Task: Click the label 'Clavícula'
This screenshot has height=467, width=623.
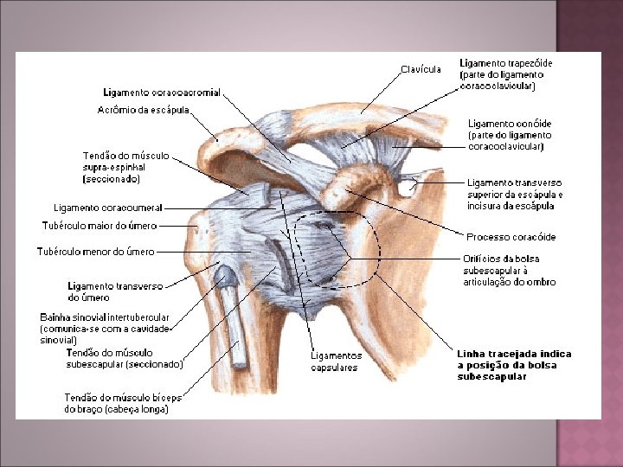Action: pyautogui.click(x=421, y=68)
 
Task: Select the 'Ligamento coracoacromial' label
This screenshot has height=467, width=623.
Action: pyautogui.click(x=162, y=92)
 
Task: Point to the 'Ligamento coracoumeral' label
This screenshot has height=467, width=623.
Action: pyautogui.click(x=108, y=208)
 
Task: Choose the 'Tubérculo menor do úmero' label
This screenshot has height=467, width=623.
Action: pyautogui.click(x=95, y=252)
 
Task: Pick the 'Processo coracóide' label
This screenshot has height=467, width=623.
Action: pyautogui.click(x=511, y=237)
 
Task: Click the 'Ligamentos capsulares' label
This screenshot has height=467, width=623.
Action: pyautogui.click(x=336, y=361)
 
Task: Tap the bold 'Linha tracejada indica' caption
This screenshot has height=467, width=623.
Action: pyautogui.click(x=514, y=354)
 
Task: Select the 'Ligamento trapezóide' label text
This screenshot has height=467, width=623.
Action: pyautogui.click(x=505, y=63)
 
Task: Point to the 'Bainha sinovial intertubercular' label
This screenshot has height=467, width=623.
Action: pyautogui.click(x=105, y=317)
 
